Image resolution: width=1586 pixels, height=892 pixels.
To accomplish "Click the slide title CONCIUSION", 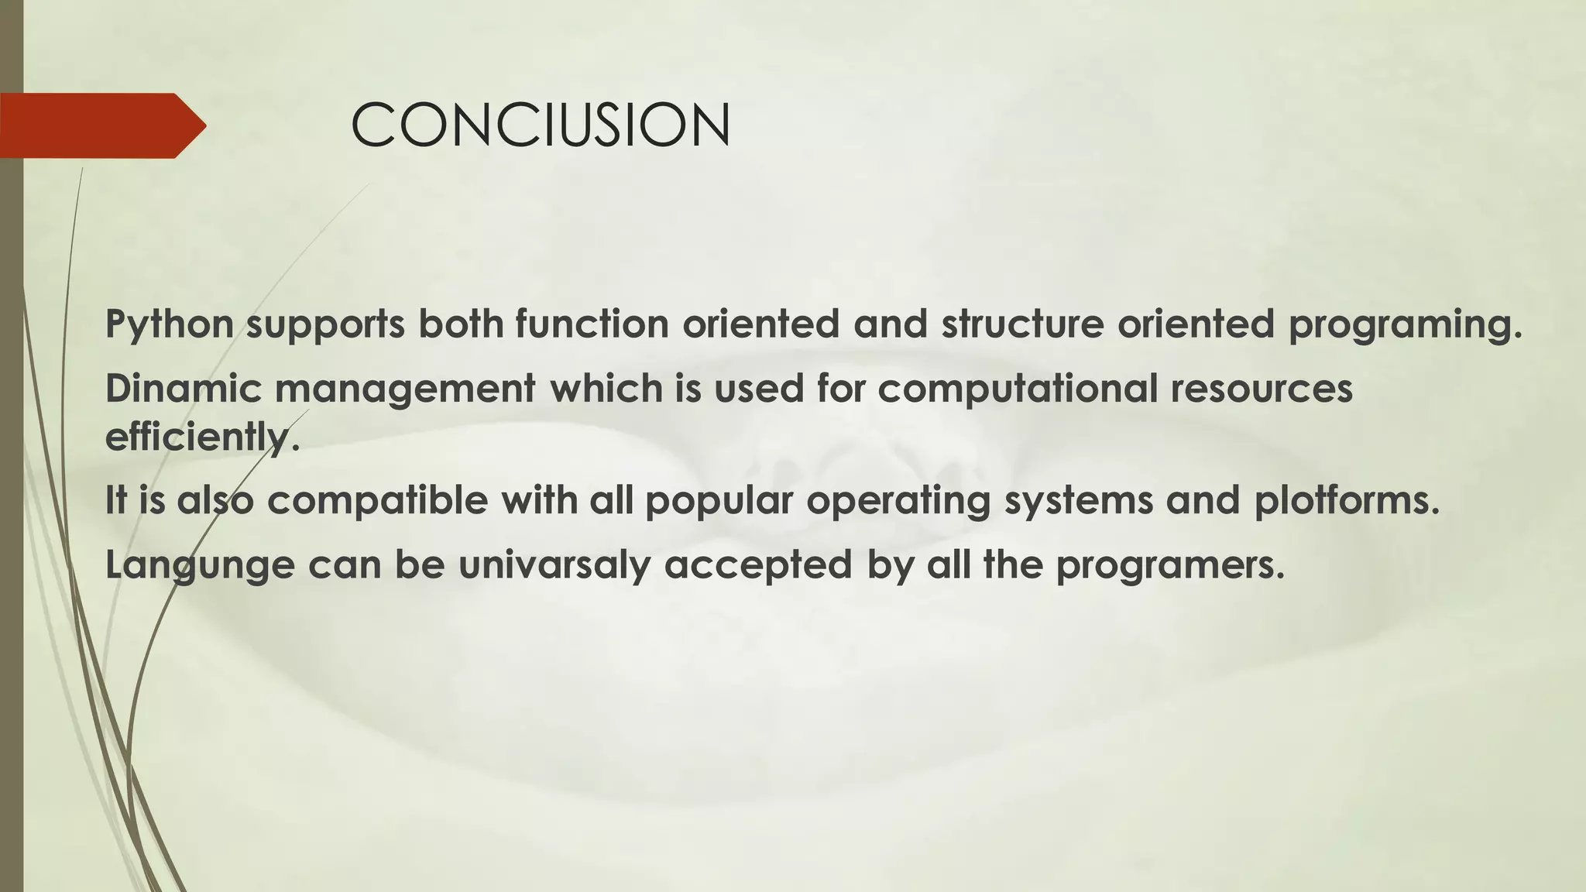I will [x=541, y=125].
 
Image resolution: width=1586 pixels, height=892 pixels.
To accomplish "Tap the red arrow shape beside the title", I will [x=101, y=125].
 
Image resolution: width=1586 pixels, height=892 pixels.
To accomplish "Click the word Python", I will [x=170, y=324].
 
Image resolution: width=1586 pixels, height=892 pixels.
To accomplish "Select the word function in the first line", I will [x=592, y=324].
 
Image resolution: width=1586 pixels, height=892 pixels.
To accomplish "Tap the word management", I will [x=404, y=389].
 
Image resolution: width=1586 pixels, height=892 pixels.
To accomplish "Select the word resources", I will [x=1262, y=389].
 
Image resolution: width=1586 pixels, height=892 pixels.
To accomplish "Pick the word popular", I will [x=719, y=501].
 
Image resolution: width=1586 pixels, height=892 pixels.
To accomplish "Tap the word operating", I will [x=898, y=501].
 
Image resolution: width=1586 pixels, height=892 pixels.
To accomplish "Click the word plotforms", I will [x=1346, y=501].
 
